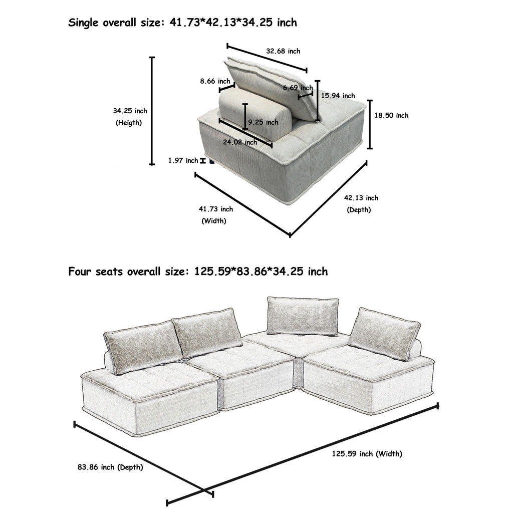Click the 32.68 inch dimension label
click(x=283, y=51)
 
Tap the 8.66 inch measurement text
click(x=215, y=81)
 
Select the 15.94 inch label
click(x=338, y=96)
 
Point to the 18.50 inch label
click(x=391, y=115)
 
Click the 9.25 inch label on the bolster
click(x=263, y=122)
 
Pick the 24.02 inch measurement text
click(x=240, y=142)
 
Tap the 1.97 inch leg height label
click(x=183, y=160)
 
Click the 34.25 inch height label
click(x=130, y=111)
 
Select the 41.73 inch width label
click(x=216, y=209)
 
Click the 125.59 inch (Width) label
click(x=367, y=454)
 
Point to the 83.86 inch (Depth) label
click(x=110, y=467)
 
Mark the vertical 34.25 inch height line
click(x=152, y=111)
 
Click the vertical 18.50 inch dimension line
click(x=370, y=124)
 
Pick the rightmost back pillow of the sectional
click(x=384, y=333)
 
